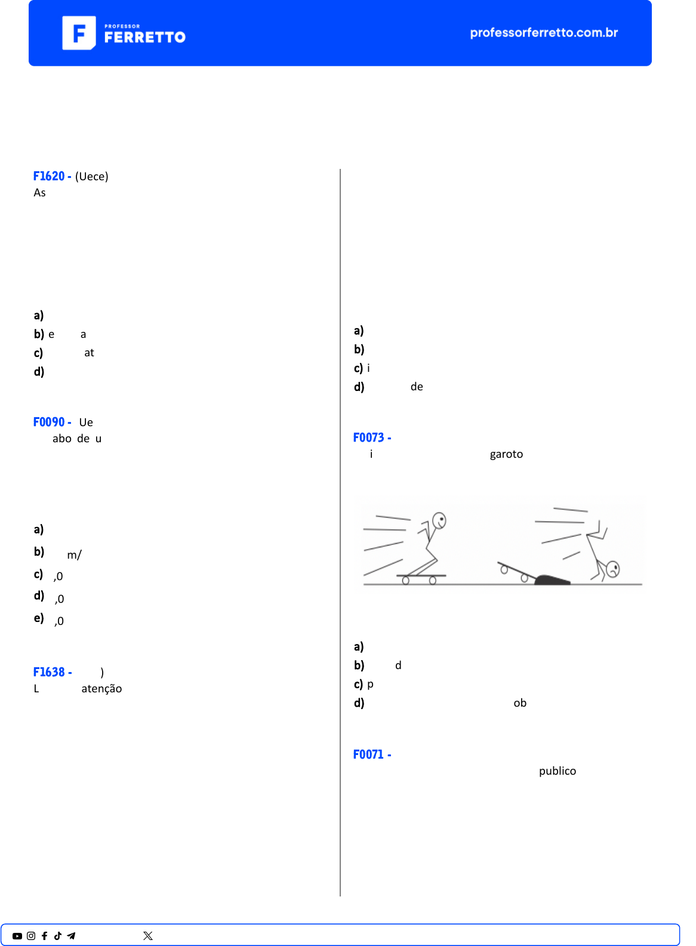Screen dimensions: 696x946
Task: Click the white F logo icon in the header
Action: tap(79, 33)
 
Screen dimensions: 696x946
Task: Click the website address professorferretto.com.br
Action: tap(544, 33)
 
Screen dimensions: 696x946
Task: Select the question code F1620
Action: tap(49, 176)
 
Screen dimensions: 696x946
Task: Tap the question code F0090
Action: tap(49, 422)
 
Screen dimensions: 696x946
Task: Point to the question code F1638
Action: tap(49, 672)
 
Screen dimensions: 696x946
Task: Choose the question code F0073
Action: tap(369, 437)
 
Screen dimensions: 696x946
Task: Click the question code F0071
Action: tap(369, 754)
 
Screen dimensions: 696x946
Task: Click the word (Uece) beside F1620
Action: tap(92, 177)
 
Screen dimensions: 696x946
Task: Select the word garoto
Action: tap(506, 454)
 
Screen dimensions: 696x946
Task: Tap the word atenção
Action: tap(101, 689)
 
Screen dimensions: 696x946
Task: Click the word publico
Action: tap(558, 771)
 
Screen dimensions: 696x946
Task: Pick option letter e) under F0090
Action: tap(39, 618)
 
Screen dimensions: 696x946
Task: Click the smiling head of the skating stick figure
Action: tap(439, 520)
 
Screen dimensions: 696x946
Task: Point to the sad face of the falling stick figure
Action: tap(612, 569)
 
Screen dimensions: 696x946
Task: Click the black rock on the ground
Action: tap(552, 580)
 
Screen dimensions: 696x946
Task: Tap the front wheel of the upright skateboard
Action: tap(433, 580)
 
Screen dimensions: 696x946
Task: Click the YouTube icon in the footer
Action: tap(17, 936)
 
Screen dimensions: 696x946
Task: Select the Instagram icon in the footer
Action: tap(31, 936)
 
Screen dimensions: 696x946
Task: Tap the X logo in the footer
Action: tap(148, 936)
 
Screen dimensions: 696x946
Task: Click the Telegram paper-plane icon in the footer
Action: tap(71, 936)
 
